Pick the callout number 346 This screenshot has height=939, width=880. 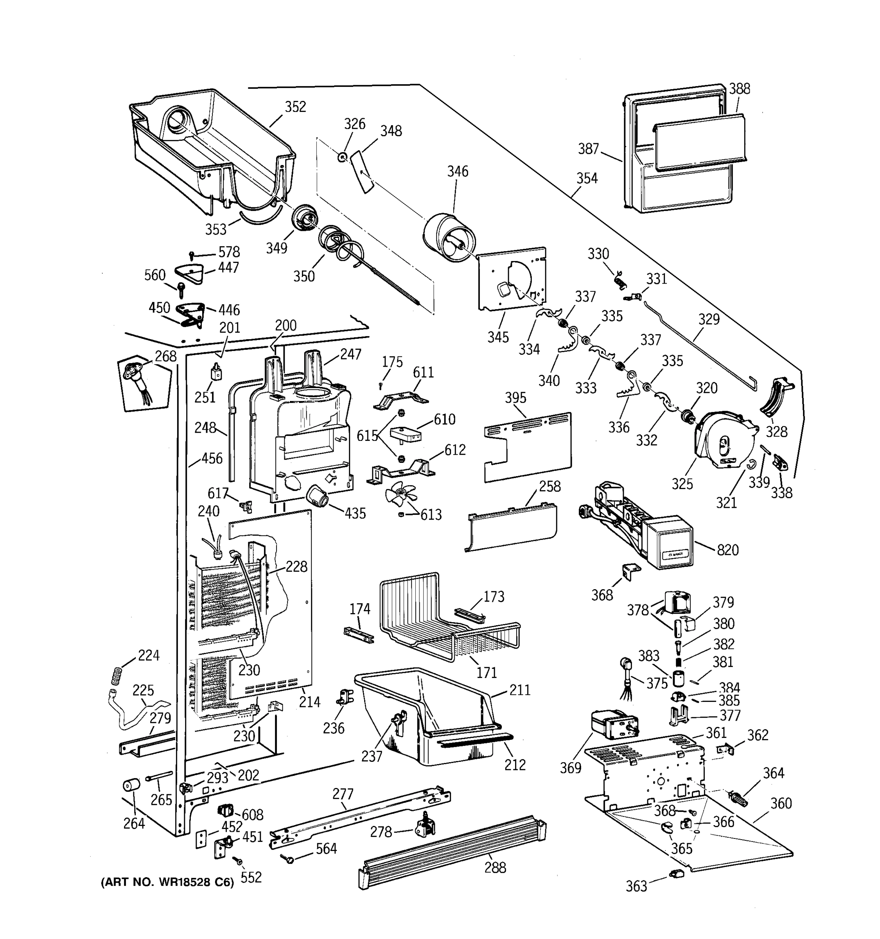tap(458, 171)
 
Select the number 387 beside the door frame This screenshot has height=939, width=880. tap(588, 149)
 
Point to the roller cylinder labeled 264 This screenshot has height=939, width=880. tap(132, 786)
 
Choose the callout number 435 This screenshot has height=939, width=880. tap(355, 513)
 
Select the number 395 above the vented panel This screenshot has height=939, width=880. tap(515, 398)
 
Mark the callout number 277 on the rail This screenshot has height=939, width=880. tap(343, 793)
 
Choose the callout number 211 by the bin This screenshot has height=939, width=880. tap(520, 690)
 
